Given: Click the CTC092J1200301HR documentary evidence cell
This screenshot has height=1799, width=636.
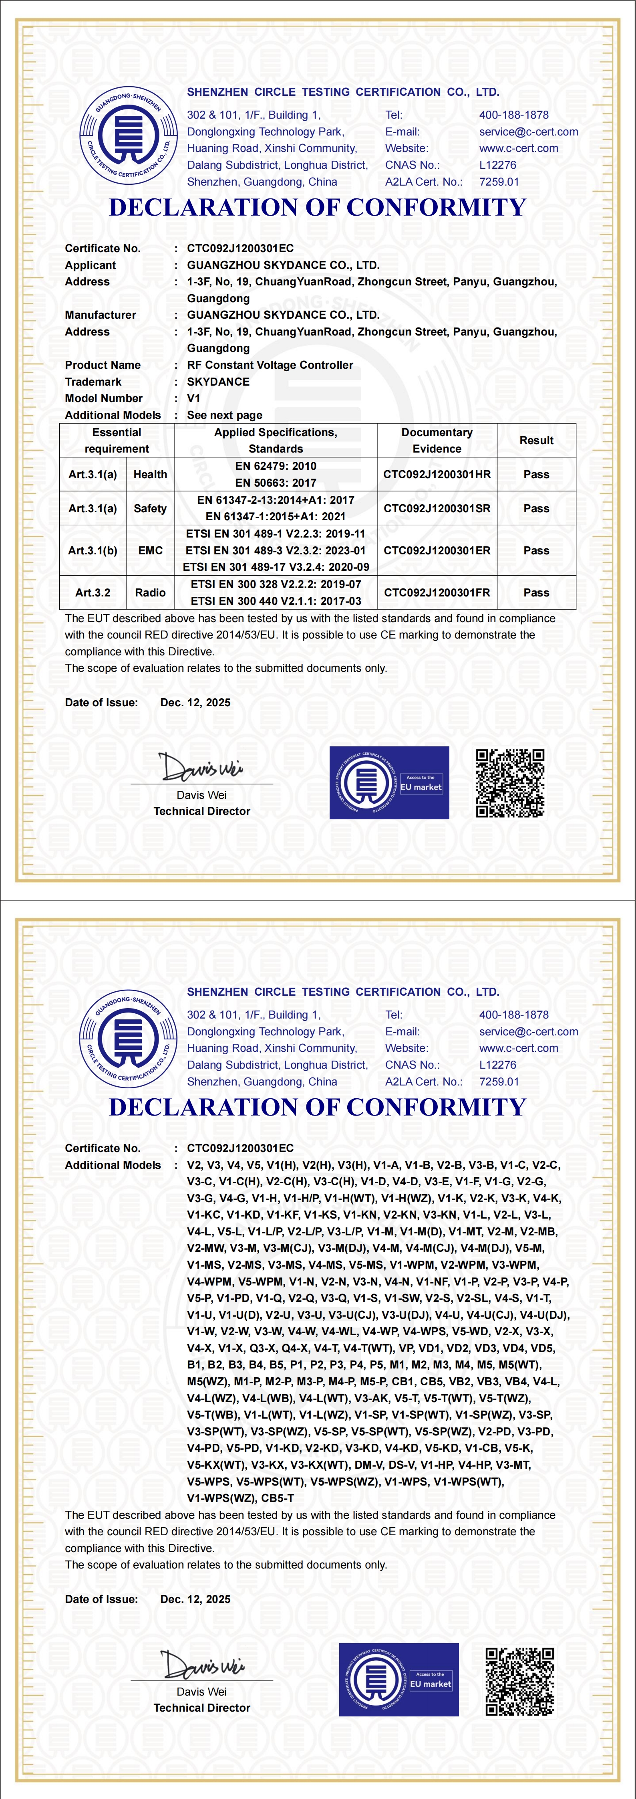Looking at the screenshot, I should tap(437, 474).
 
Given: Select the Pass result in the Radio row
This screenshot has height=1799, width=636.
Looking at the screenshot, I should tap(536, 592).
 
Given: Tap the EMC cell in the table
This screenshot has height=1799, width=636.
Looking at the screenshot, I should tap(150, 550).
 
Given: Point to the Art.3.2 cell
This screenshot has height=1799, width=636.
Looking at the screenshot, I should tap(93, 592).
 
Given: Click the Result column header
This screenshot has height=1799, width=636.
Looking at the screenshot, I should tap(536, 440).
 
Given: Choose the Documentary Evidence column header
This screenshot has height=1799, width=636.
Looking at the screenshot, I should tap(437, 440).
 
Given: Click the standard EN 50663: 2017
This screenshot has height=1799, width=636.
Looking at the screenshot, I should tap(276, 483).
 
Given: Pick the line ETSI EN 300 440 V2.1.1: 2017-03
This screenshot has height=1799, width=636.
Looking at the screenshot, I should tap(276, 600).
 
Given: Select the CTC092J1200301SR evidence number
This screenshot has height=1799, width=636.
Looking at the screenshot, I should tap(437, 508).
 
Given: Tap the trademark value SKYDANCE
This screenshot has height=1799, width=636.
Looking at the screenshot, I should tap(218, 381).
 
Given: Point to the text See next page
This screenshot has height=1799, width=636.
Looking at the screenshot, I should tap(225, 415).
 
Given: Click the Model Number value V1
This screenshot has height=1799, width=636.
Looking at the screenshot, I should tap(193, 398).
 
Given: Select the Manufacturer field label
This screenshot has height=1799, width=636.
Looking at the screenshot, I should tap(101, 315).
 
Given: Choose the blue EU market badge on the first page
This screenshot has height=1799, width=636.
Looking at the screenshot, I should tap(389, 783).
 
